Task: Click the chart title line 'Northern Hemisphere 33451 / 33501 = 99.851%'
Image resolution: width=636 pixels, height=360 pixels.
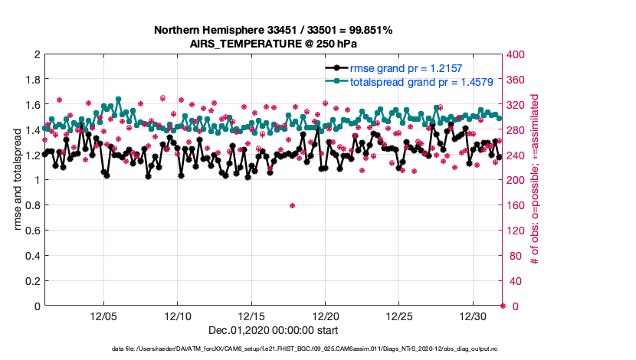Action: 274,30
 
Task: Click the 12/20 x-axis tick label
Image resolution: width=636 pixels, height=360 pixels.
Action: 326,316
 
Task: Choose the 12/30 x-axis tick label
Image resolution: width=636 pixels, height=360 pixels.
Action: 474,316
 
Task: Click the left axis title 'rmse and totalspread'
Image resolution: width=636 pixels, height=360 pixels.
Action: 18,180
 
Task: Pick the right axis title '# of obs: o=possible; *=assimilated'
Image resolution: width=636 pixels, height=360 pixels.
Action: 534,180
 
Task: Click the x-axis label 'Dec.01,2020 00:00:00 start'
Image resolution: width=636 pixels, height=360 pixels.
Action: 274,330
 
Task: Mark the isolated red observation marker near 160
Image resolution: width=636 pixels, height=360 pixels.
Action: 292,205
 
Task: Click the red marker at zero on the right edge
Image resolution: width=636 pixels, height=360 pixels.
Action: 503,306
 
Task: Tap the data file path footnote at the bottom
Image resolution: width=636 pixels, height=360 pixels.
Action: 316,349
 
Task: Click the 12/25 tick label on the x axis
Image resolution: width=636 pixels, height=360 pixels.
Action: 399,316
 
